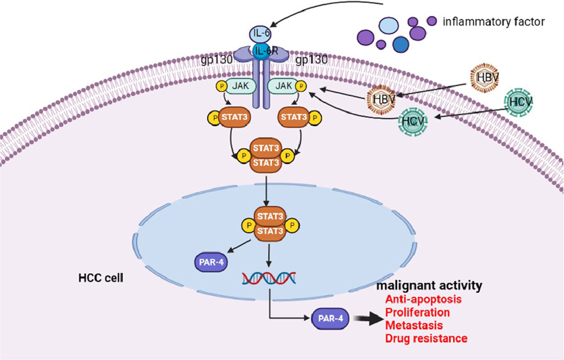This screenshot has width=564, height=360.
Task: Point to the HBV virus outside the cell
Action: click(486, 77)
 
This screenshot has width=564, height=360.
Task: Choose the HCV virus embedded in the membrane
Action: click(413, 121)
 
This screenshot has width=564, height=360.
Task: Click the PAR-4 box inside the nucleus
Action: click(211, 262)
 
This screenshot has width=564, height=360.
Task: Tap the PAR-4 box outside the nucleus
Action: click(331, 318)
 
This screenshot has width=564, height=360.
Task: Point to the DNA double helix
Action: click(269, 278)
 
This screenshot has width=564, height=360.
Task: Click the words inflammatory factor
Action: click(493, 22)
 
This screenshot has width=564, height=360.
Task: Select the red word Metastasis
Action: click(414, 325)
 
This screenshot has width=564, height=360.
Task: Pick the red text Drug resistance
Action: click(426, 338)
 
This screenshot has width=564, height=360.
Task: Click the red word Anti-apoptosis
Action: click(423, 299)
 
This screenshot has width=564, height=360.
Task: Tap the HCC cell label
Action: click(100, 278)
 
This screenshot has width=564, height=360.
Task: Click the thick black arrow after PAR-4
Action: click(368, 319)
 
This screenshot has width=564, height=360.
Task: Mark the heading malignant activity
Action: click(429, 286)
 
